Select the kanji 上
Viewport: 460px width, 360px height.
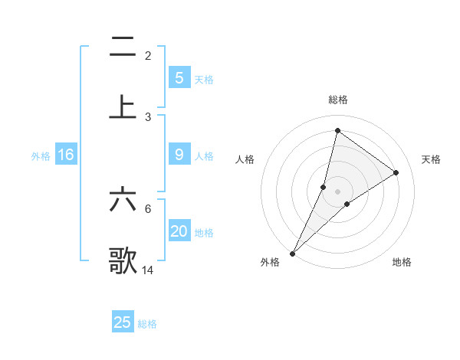[123, 107]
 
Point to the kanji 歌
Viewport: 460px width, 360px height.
[123, 260]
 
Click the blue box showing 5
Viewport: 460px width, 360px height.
[179, 77]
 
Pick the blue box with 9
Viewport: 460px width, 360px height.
[179, 155]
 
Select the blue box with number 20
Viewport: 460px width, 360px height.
[179, 231]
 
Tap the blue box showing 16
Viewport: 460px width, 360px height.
[66, 155]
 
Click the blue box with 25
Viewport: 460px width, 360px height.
[123, 322]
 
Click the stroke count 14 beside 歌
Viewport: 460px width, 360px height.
[148, 270]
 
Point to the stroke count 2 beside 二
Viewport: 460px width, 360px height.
[148, 55]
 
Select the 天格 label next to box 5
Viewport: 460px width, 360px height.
[204, 79]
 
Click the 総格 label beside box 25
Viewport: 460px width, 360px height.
[147, 324]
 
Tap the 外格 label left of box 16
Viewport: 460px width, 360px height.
[41, 156]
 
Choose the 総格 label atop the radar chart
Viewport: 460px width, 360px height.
[338, 100]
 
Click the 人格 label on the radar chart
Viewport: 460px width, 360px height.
[245, 159]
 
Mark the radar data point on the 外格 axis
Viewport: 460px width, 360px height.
[292, 253]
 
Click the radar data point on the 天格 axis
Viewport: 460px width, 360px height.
[396, 172]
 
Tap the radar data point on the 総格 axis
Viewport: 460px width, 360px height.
[337, 130]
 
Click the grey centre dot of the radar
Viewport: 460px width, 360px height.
[337, 191]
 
